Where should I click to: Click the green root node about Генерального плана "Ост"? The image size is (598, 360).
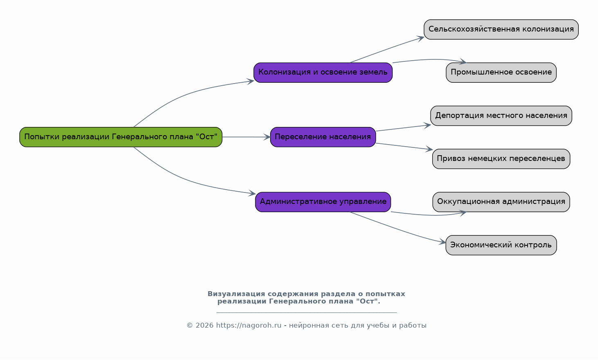(121, 137)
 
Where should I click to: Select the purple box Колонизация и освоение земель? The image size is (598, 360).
(323, 72)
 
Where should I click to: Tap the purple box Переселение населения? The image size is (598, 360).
(323, 137)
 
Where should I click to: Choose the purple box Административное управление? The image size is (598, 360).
(323, 202)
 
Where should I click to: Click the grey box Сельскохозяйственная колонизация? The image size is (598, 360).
(501, 29)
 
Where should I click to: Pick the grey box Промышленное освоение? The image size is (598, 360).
(501, 72)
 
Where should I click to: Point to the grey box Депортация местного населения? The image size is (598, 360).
(501, 115)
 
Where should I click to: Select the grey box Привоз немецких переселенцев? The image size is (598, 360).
(501, 159)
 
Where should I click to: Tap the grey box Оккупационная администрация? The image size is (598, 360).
(501, 202)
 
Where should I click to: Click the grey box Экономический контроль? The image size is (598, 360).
(501, 245)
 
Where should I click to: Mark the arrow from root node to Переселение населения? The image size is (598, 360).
(246, 137)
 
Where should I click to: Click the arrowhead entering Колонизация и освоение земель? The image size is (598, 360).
(250, 81)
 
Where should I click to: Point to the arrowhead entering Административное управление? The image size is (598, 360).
(252, 193)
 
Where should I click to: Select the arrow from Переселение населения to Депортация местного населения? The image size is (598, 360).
(403, 128)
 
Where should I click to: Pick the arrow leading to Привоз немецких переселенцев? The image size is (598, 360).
(404, 147)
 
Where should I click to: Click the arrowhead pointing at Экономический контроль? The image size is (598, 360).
(442, 242)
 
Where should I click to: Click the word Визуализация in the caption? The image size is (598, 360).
(236, 294)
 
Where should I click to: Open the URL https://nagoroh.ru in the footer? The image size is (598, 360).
(248, 326)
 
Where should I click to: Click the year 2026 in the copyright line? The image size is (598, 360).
(205, 326)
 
